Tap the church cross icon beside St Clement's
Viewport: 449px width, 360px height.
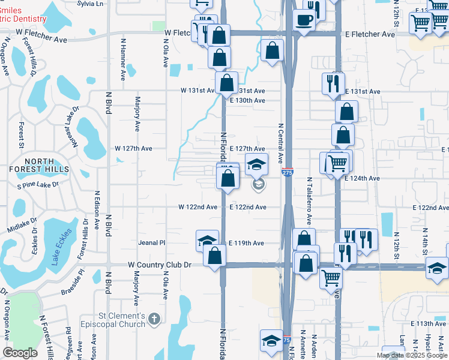point(154,318)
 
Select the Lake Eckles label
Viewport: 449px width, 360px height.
point(61,247)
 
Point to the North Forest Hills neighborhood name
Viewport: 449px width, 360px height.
point(39,166)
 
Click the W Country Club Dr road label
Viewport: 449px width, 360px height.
point(159,265)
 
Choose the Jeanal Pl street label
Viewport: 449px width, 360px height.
point(151,243)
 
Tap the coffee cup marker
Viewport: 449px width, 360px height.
point(304,19)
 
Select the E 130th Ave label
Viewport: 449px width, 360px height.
point(247,100)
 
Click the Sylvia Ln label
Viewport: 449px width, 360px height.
point(91,4)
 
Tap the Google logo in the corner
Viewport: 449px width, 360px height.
point(20,353)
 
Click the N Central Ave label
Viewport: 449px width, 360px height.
point(280,143)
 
